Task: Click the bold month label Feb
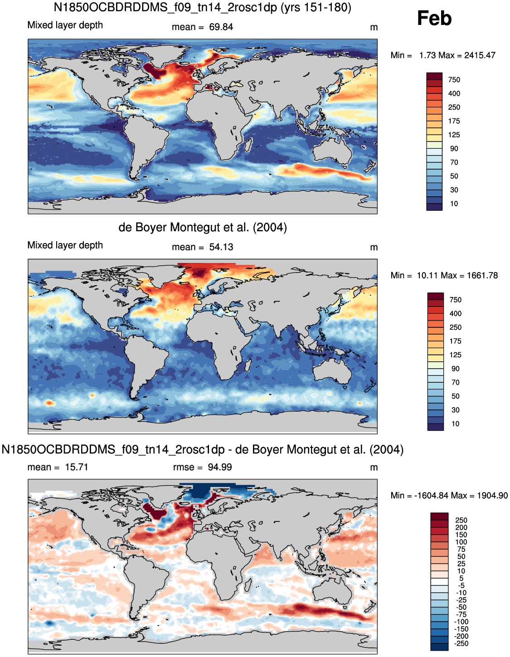tap(434, 18)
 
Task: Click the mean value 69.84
tap(221, 27)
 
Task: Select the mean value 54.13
tap(221, 247)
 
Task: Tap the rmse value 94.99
tap(220, 467)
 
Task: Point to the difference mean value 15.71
tap(77, 467)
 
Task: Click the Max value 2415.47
tap(480, 55)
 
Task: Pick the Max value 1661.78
tap(482, 275)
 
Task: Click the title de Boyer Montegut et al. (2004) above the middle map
tap(203, 227)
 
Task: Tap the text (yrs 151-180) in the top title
tap(316, 7)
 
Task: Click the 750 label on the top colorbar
tap(454, 80)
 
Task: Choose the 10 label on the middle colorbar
tap(455, 424)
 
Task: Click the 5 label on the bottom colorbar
tap(461, 578)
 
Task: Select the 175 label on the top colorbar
tap(454, 121)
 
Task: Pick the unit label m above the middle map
tap(374, 248)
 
